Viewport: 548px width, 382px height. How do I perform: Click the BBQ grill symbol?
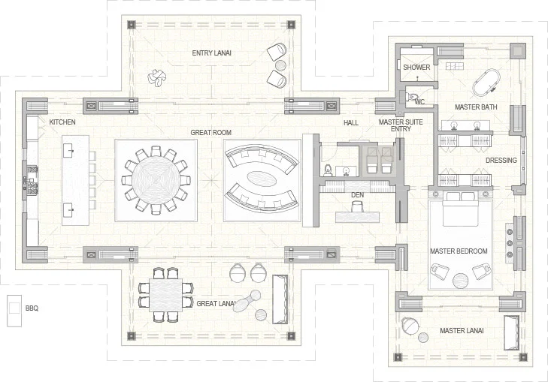(14, 311)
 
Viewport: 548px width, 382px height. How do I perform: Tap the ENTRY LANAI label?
(211, 53)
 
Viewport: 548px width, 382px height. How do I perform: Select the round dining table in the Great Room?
(156, 180)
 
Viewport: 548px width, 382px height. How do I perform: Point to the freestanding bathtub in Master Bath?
(486, 83)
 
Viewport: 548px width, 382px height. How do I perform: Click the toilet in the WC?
(413, 97)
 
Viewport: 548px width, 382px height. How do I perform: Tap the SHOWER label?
(416, 68)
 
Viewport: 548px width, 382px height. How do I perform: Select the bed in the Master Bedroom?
(460, 209)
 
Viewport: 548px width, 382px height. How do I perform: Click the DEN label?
(358, 195)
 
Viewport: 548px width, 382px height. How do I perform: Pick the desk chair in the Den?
(358, 208)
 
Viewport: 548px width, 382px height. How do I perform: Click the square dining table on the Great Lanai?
(165, 295)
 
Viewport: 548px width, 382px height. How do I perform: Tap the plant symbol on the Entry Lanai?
(157, 77)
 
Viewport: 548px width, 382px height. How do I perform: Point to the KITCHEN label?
(62, 122)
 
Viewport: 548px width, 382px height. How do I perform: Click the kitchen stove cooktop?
(32, 180)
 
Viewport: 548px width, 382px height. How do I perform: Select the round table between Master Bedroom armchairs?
(460, 281)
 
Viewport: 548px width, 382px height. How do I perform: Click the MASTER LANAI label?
(462, 331)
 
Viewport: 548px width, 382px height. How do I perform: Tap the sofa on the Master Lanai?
(511, 332)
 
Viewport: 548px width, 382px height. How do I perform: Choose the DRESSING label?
(501, 161)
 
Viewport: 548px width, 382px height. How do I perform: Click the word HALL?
(351, 123)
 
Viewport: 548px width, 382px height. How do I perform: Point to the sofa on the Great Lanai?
(280, 299)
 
